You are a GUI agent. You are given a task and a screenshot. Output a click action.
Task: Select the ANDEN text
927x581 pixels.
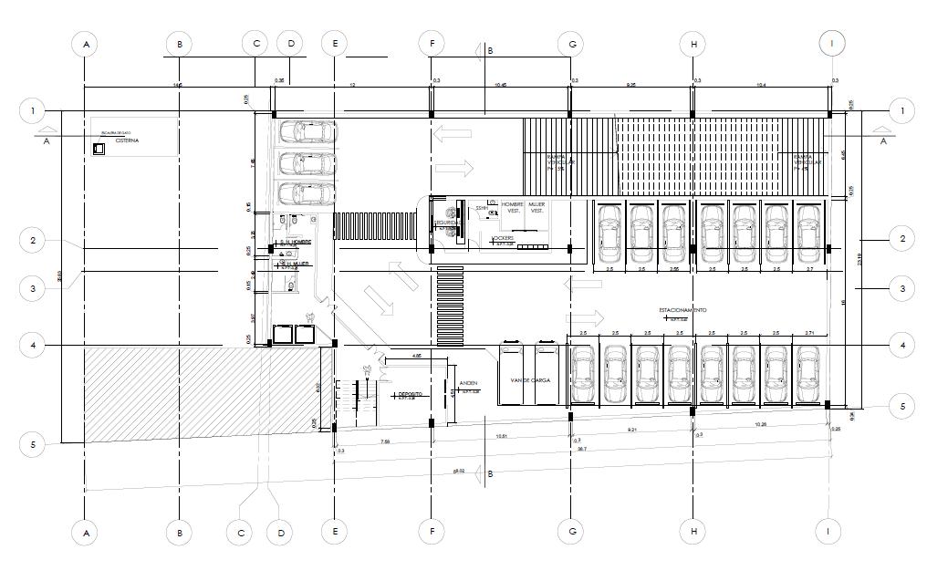[x=468, y=383]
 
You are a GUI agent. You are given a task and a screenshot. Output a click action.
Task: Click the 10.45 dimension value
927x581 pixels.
[x=500, y=84]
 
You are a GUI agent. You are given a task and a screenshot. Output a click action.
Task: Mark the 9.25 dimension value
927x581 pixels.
[x=630, y=84]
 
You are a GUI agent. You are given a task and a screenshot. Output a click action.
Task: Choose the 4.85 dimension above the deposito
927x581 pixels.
[x=416, y=355]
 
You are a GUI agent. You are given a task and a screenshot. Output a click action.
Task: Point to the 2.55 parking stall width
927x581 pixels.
[x=673, y=270]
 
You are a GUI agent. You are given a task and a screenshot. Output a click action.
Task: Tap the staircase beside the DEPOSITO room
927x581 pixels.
[x=359, y=400]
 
